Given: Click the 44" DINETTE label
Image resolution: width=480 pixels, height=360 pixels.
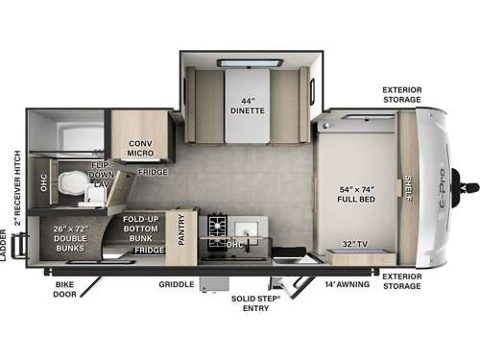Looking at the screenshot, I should click(247, 105).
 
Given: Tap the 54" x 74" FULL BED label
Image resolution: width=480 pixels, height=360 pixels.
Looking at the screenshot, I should click(355, 193).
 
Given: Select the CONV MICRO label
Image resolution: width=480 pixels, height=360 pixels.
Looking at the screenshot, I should click(140, 148).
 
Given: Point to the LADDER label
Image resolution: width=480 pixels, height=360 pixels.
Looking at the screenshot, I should click(5, 246).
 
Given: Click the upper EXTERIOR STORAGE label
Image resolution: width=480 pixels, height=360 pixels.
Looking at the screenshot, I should click(401, 94).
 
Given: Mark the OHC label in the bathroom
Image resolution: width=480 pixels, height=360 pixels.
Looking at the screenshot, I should click(42, 180).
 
